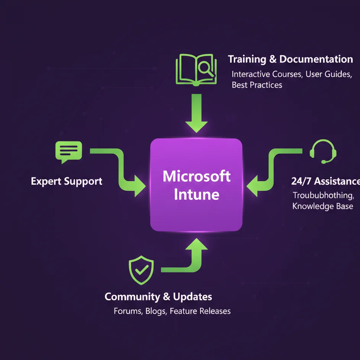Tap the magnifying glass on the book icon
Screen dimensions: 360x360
tap(206, 68)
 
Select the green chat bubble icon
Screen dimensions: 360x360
tap(69, 151)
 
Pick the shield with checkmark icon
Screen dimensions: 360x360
tap(141, 270)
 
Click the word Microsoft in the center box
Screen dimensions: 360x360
tap(196, 176)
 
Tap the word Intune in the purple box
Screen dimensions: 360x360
tap(196, 195)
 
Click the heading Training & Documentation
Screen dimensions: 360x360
tap(290, 59)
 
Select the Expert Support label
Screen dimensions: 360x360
tap(66, 181)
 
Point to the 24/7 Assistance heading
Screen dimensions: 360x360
tap(325, 181)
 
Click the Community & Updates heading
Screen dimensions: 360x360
tap(158, 297)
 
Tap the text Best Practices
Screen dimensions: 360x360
tap(257, 85)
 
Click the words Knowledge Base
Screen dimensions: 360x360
tap(323, 206)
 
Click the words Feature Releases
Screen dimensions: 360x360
tap(200, 311)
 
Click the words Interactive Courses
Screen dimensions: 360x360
tap(267, 74)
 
